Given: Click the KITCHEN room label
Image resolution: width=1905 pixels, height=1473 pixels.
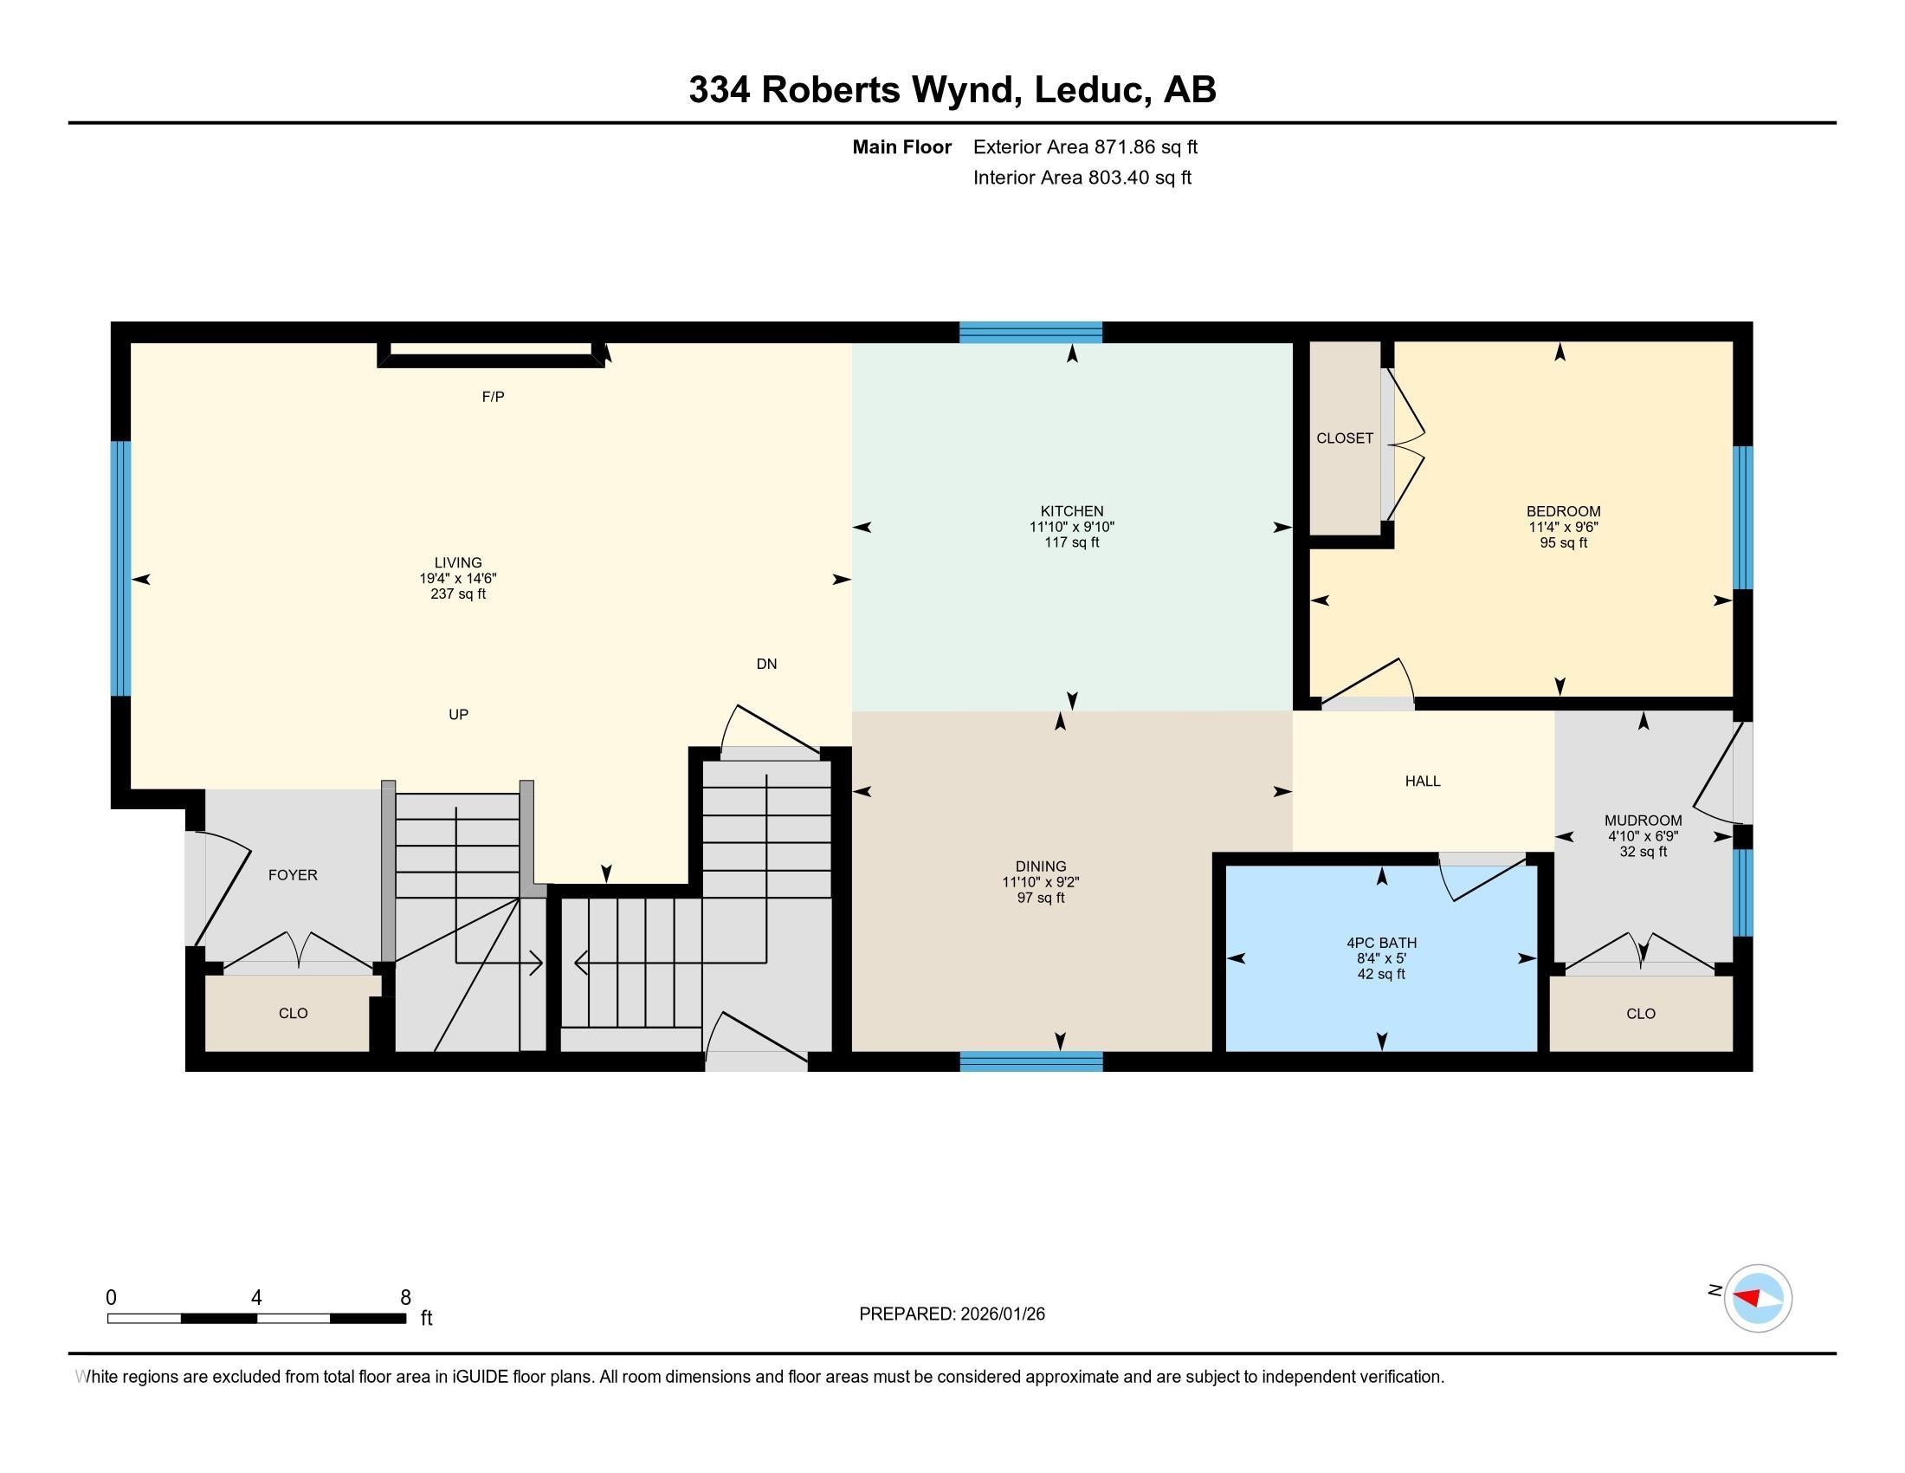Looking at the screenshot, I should coord(1071,511).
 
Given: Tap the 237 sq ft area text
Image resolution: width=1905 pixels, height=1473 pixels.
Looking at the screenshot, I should coord(458,594).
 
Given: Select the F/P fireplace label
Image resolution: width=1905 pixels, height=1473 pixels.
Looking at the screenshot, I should coord(493,397).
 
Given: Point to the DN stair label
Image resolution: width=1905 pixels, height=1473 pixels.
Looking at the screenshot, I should coord(765,664).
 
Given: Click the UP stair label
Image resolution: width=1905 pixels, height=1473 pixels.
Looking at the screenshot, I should coord(458,715).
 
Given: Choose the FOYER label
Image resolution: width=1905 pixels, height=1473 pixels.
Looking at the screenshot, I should coord(292,875).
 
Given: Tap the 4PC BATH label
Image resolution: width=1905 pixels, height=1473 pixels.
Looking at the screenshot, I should coord(1381,943).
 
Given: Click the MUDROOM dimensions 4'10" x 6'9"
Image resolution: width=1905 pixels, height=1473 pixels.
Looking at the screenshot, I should coord(1643,836).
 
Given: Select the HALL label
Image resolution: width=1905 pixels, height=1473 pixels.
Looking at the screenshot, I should coord(1422,782).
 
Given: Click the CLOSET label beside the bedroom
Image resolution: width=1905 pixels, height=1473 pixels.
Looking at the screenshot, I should coord(1344,438).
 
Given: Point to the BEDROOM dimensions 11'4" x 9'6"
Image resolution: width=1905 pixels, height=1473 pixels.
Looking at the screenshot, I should coord(1562,527).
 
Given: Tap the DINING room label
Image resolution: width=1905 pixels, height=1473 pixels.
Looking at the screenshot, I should coord(1040,866).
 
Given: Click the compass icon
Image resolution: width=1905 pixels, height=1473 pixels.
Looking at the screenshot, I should coord(1757,1298).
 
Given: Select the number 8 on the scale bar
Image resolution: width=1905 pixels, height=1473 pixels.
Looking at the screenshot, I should coord(404,1298).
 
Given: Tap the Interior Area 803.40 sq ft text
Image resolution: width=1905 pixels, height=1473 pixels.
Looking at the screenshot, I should coord(1082,178).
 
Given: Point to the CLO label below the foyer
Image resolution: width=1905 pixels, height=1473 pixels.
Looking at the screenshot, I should coord(293,1013).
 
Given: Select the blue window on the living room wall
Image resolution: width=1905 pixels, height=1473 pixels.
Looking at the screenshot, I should coord(121,568).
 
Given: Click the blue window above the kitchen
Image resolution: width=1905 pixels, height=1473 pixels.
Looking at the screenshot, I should coord(1030,332).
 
